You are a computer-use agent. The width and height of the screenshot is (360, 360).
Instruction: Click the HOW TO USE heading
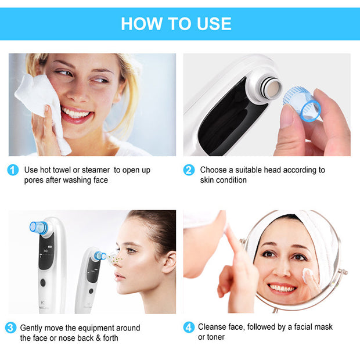tap(176, 23)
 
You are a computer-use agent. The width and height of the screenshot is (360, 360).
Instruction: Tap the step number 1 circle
tap(13, 170)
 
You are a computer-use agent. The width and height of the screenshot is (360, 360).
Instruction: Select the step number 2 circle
tap(189, 170)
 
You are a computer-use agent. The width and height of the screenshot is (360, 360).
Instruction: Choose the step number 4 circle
tap(189, 328)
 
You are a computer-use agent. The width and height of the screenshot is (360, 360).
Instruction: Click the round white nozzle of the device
tap(269, 89)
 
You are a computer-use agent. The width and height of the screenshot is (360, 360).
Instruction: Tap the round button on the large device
tap(42, 283)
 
